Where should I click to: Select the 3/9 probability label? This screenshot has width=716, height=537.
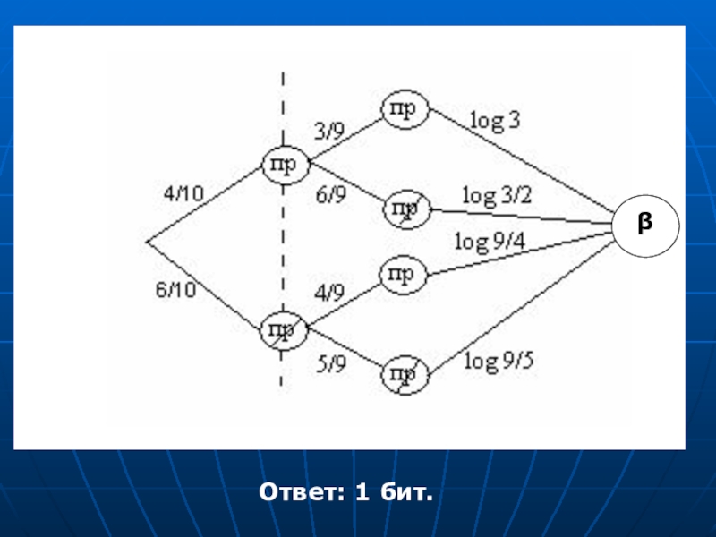(328, 130)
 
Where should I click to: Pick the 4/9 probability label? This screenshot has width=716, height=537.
(328, 292)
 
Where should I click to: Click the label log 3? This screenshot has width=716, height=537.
(495, 121)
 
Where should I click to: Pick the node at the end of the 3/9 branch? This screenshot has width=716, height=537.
(405, 109)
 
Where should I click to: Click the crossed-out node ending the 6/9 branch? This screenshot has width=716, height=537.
(405, 210)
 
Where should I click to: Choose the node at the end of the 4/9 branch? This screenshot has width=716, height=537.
(405, 275)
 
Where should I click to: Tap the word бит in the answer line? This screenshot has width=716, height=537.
(407, 491)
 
